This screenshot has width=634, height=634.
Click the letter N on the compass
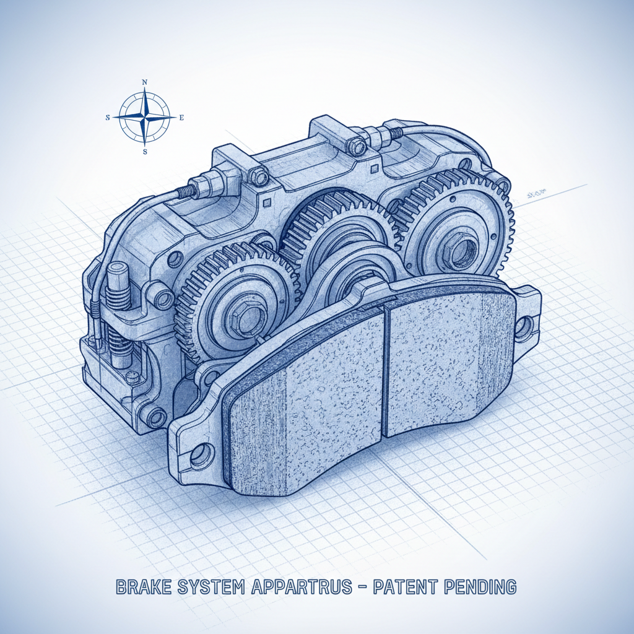coord(145,82)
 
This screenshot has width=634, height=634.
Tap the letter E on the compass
coord(181,117)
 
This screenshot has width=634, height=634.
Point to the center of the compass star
coord(145,116)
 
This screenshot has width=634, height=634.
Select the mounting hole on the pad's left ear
coord(200,456)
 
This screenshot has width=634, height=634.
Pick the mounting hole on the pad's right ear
coord(524,327)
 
